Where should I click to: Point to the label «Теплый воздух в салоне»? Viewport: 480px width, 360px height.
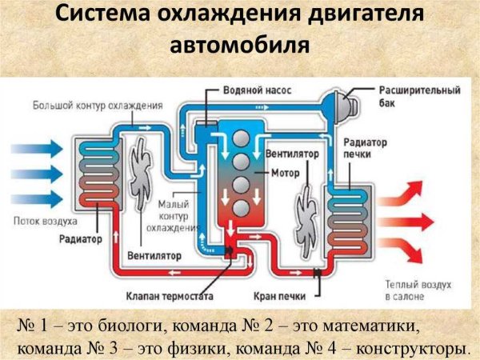click(416, 290)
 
